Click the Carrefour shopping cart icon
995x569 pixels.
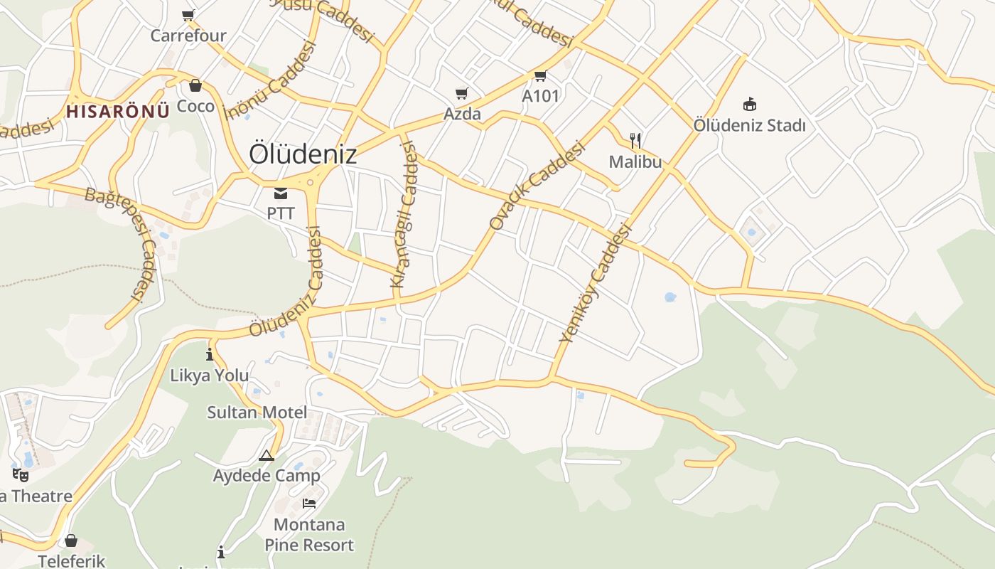(x=188, y=15)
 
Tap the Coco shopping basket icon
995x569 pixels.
(x=195, y=86)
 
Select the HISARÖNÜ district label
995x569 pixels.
(x=118, y=111)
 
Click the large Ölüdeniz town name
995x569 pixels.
(x=303, y=154)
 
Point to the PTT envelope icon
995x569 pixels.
(x=281, y=193)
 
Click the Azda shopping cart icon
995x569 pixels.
(x=462, y=93)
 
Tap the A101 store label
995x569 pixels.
(x=541, y=96)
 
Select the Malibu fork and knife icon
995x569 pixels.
(x=635, y=141)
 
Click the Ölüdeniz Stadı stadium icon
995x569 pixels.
(x=749, y=105)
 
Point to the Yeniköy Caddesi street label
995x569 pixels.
(x=596, y=283)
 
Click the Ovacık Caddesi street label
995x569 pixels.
(x=537, y=186)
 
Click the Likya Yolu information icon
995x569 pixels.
(x=210, y=354)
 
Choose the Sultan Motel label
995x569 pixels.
(x=257, y=413)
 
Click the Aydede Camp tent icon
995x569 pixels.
(x=267, y=455)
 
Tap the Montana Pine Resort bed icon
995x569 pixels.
(x=309, y=504)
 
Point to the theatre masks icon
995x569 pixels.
(x=21, y=474)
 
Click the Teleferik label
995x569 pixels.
(x=72, y=561)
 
